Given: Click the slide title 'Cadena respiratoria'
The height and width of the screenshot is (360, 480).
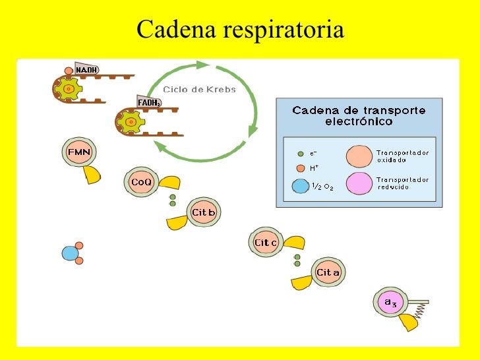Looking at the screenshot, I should [x=240, y=30].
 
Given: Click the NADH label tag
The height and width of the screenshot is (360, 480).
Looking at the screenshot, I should [x=86, y=69].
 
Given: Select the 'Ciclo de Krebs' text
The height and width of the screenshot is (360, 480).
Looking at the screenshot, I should [x=199, y=89].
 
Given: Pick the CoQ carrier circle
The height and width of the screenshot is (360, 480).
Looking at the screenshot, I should [x=141, y=181].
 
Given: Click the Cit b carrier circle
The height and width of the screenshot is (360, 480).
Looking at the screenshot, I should [x=203, y=212].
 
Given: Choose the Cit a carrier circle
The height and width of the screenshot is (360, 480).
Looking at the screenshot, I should [x=328, y=272].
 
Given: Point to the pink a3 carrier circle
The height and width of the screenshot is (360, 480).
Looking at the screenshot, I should [x=390, y=303].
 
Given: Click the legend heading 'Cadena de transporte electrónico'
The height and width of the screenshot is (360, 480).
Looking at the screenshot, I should [x=359, y=116].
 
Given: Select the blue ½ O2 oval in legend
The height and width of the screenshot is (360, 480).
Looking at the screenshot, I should [x=300, y=186].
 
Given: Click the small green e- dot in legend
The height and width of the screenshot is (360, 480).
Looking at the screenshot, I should [x=300, y=154].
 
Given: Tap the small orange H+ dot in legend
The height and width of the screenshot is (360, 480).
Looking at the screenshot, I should [x=300, y=168].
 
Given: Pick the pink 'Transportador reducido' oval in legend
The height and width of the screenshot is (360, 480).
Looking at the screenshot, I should [x=358, y=183].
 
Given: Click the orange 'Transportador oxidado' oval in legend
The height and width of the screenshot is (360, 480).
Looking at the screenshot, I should [x=358, y=156].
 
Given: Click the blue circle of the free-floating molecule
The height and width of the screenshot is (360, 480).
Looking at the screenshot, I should [x=69, y=253].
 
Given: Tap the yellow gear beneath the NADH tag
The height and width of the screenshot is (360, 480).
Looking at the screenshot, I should [x=68, y=88].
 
